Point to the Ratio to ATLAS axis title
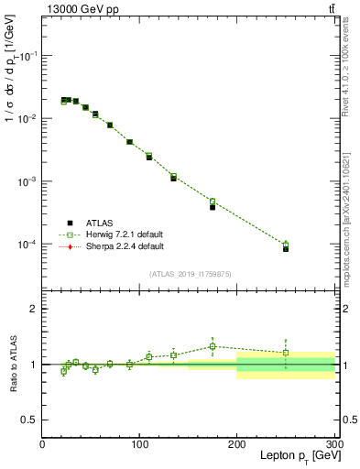(x=12, y=365)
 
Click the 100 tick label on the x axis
(x=139, y=444)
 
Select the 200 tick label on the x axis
(x=237, y=444)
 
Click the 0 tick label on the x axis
(x=42, y=444)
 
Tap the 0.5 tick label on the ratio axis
(x=29, y=420)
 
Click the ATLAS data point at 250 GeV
(x=286, y=248)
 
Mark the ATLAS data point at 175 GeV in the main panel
(x=213, y=207)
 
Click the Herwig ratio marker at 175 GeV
(x=213, y=346)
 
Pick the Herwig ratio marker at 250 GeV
(x=286, y=353)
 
